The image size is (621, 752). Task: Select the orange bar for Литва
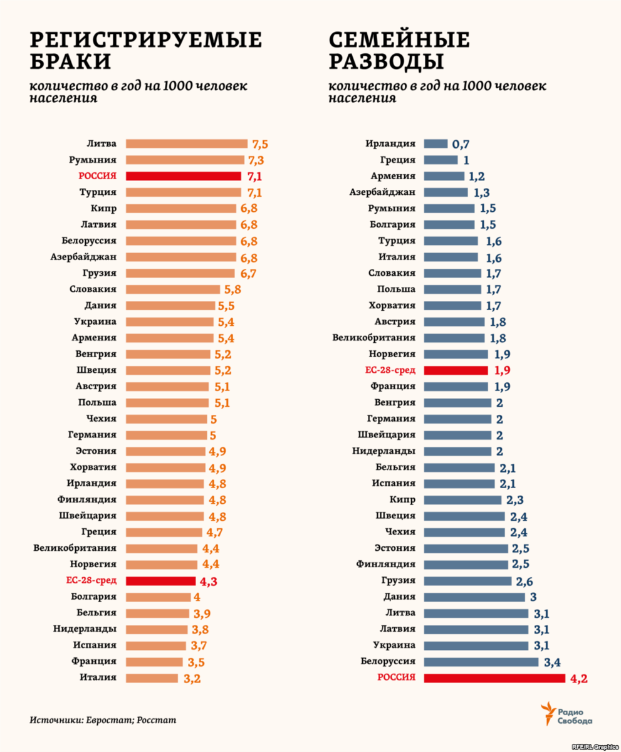[187, 144]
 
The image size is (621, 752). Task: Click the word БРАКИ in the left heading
[71, 61]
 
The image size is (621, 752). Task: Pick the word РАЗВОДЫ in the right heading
[387, 61]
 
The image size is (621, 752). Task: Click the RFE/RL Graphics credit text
[594, 746]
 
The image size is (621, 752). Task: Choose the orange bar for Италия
[152, 677]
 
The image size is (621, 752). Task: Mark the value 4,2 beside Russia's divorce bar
[578, 678]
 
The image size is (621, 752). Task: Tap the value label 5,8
[232, 290]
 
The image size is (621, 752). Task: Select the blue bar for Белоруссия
[481, 661]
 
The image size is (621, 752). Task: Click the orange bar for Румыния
[185, 160]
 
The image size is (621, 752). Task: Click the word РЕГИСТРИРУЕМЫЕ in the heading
[146, 39]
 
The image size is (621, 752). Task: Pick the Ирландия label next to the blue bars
[390, 144]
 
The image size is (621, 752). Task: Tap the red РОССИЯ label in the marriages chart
[97, 176]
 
